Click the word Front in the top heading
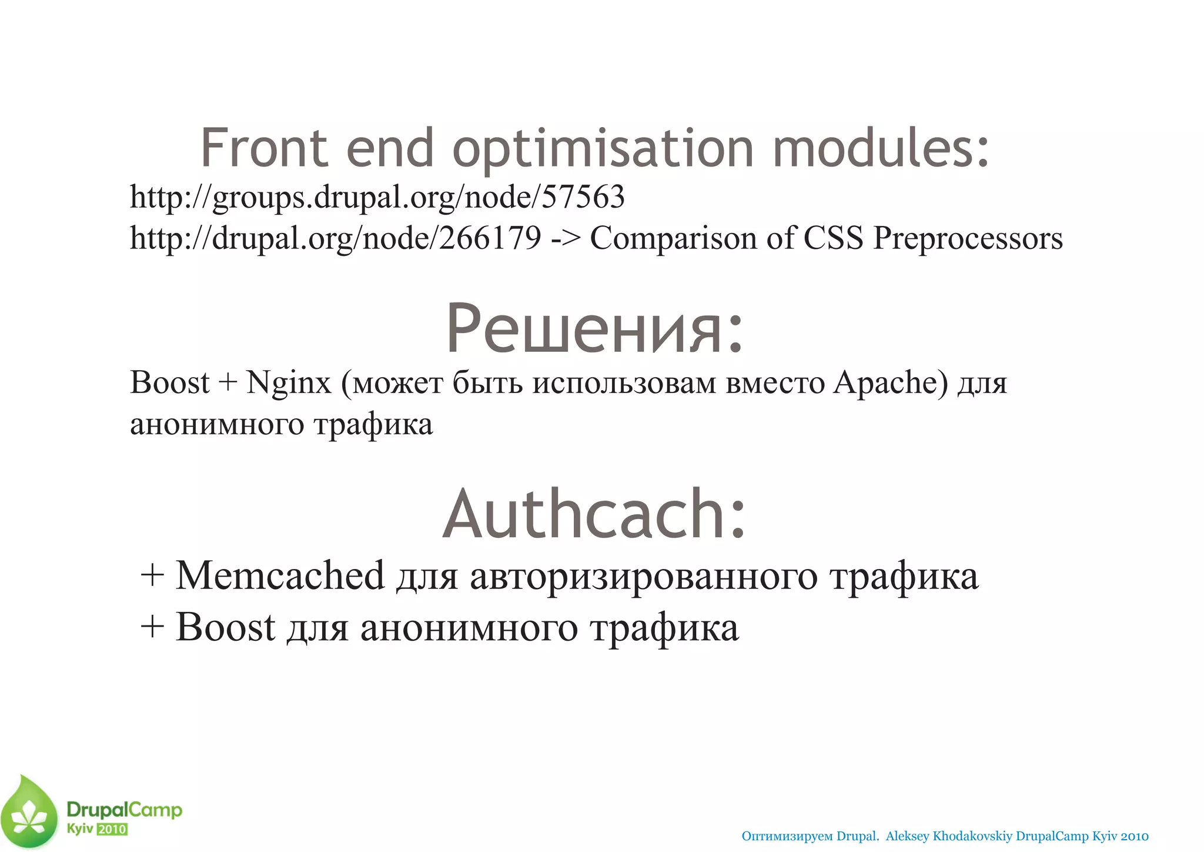tap(263, 148)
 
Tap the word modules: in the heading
tap(881, 148)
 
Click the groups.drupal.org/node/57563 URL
tap(377, 197)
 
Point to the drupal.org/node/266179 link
tap(335, 238)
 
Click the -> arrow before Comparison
tap(566, 239)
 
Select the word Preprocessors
tap(968, 239)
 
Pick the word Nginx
tap(289, 383)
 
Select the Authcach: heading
tap(594, 514)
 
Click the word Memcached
tap(280, 575)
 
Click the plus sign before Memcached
tap(152, 575)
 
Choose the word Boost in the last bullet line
tap(225, 627)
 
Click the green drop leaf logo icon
tap(29, 813)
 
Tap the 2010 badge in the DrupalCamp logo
tap(112, 829)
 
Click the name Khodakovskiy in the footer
tap(972, 836)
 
